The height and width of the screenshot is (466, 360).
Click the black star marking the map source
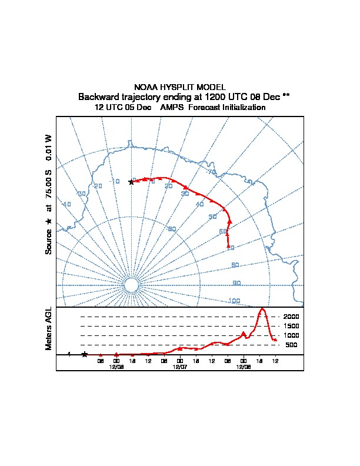(x=131, y=182)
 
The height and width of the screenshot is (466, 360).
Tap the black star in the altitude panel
(x=85, y=354)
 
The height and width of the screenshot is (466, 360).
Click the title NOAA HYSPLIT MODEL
(x=180, y=87)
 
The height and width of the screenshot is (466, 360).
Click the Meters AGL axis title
(x=49, y=328)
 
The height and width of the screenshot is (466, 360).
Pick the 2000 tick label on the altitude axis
(x=291, y=317)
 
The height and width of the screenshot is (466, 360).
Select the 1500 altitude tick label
(x=291, y=326)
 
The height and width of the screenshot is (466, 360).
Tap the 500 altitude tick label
(x=291, y=345)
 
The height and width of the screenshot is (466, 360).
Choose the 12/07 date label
(x=180, y=366)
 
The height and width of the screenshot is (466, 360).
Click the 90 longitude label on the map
(x=236, y=283)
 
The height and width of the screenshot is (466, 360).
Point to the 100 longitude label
(x=234, y=301)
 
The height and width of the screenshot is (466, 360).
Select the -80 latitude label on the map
(x=171, y=229)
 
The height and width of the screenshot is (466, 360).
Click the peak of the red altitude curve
(x=262, y=309)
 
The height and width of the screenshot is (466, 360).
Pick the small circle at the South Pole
(x=131, y=285)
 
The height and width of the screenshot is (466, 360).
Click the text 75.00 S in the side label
(x=49, y=187)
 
